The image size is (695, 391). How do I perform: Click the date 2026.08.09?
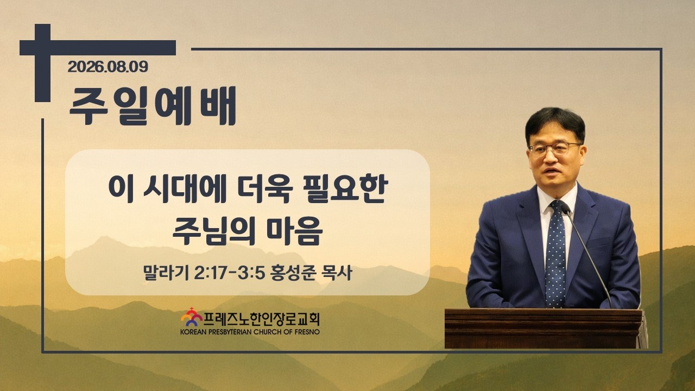coord(108,67)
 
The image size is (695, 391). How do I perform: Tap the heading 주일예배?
coord(153,106)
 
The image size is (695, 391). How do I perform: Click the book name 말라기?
coord(166,273)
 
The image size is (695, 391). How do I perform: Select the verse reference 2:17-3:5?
coord(229,273)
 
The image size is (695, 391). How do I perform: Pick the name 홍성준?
coord(293,273)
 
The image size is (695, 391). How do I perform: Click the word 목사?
coord(337,273)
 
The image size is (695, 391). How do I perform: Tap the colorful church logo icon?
coord(192,317)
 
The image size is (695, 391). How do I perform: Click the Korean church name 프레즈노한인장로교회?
coord(261,319)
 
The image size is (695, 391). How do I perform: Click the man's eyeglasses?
coord(554,148)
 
